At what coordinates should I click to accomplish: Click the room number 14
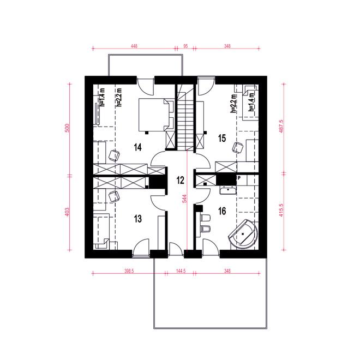[x=137, y=147]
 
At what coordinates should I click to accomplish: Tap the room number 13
[x=137, y=219]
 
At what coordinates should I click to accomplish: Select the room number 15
[x=222, y=137]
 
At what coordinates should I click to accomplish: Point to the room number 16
[x=222, y=210]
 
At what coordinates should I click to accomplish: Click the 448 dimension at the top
[x=134, y=47]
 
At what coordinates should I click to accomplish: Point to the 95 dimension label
[x=186, y=47]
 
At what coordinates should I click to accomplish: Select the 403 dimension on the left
[x=68, y=212]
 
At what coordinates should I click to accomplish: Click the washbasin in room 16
[x=227, y=190]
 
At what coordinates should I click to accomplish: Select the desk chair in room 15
[x=238, y=147]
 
